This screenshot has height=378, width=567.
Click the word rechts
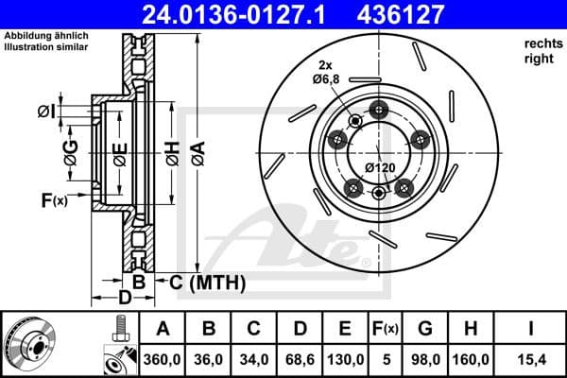pos(540,44)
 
